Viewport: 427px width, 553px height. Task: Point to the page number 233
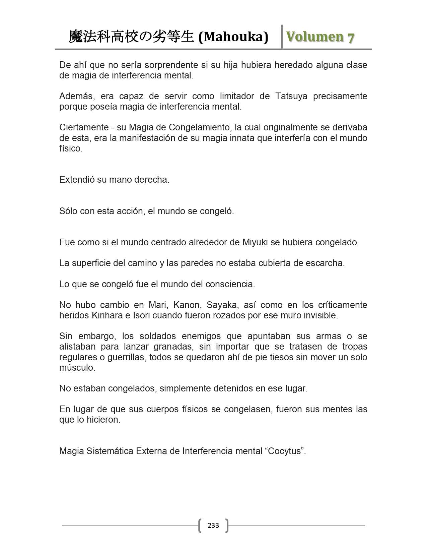(213, 525)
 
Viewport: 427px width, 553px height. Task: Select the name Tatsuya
(291, 96)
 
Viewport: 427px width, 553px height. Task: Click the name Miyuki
(255, 242)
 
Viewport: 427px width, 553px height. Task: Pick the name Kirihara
(108, 315)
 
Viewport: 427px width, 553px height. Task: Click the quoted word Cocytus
(285, 451)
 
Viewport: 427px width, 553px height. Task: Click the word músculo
(77, 368)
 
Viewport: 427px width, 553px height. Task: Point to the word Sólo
(68, 211)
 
